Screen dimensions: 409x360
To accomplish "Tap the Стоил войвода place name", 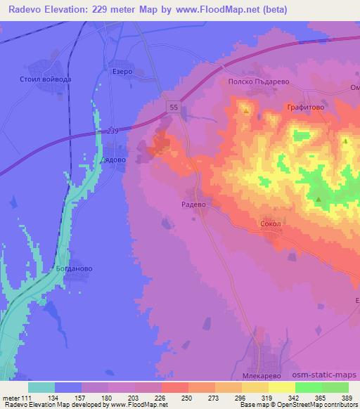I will tap(47, 79).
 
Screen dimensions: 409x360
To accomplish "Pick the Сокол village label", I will tap(270, 224).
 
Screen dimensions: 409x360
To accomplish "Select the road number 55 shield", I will tap(173, 106).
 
